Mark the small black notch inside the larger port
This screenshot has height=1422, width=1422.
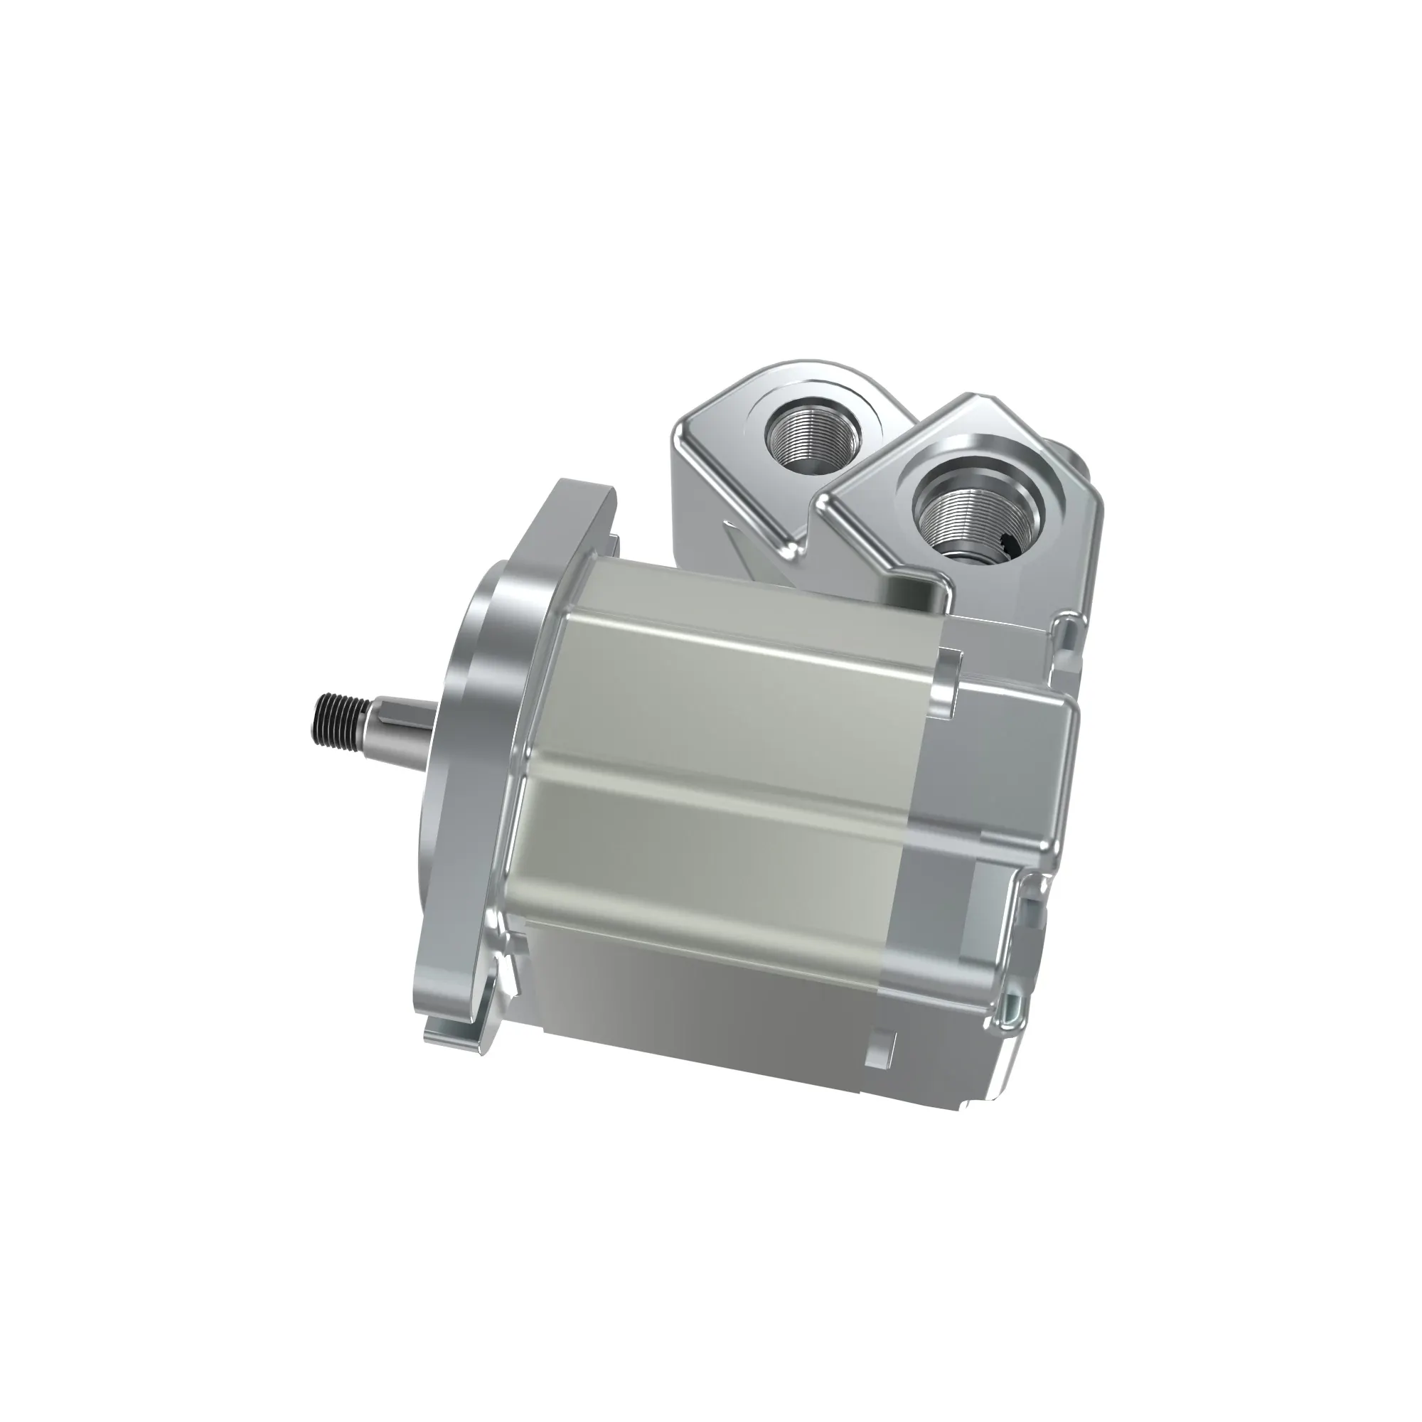[1012, 545]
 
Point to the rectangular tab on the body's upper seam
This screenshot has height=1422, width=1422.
[948, 681]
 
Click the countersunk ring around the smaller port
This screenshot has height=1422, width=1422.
[773, 419]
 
